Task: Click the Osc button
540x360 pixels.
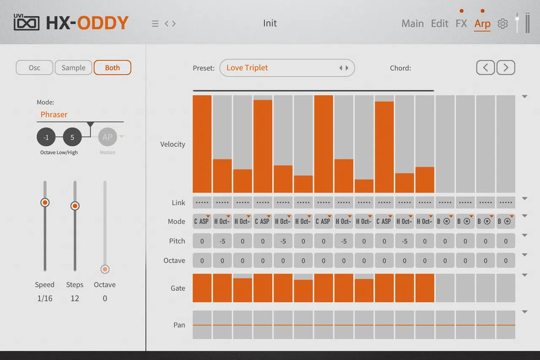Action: click(35, 68)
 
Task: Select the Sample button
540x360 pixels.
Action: click(73, 68)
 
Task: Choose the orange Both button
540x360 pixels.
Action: click(112, 68)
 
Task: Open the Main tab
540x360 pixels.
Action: click(412, 23)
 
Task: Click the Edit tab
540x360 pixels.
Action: click(440, 23)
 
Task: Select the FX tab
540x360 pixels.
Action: click(461, 23)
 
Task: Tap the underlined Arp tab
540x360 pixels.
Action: click(482, 23)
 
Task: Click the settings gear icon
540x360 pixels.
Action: click(503, 24)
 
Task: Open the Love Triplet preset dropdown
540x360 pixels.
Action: click(287, 68)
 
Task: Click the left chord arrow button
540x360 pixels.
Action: click(486, 68)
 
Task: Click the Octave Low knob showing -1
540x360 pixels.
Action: click(46, 137)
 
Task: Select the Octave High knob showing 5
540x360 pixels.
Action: click(72, 137)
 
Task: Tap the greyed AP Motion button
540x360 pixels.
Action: click(107, 137)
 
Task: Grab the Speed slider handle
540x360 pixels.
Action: click(45, 202)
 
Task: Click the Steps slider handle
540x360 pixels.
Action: click(75, 206)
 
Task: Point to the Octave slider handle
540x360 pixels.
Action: click(105, 269)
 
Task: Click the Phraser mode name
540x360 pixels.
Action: click(54, 114)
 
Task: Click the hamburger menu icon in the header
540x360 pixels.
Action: click(155, 24)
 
